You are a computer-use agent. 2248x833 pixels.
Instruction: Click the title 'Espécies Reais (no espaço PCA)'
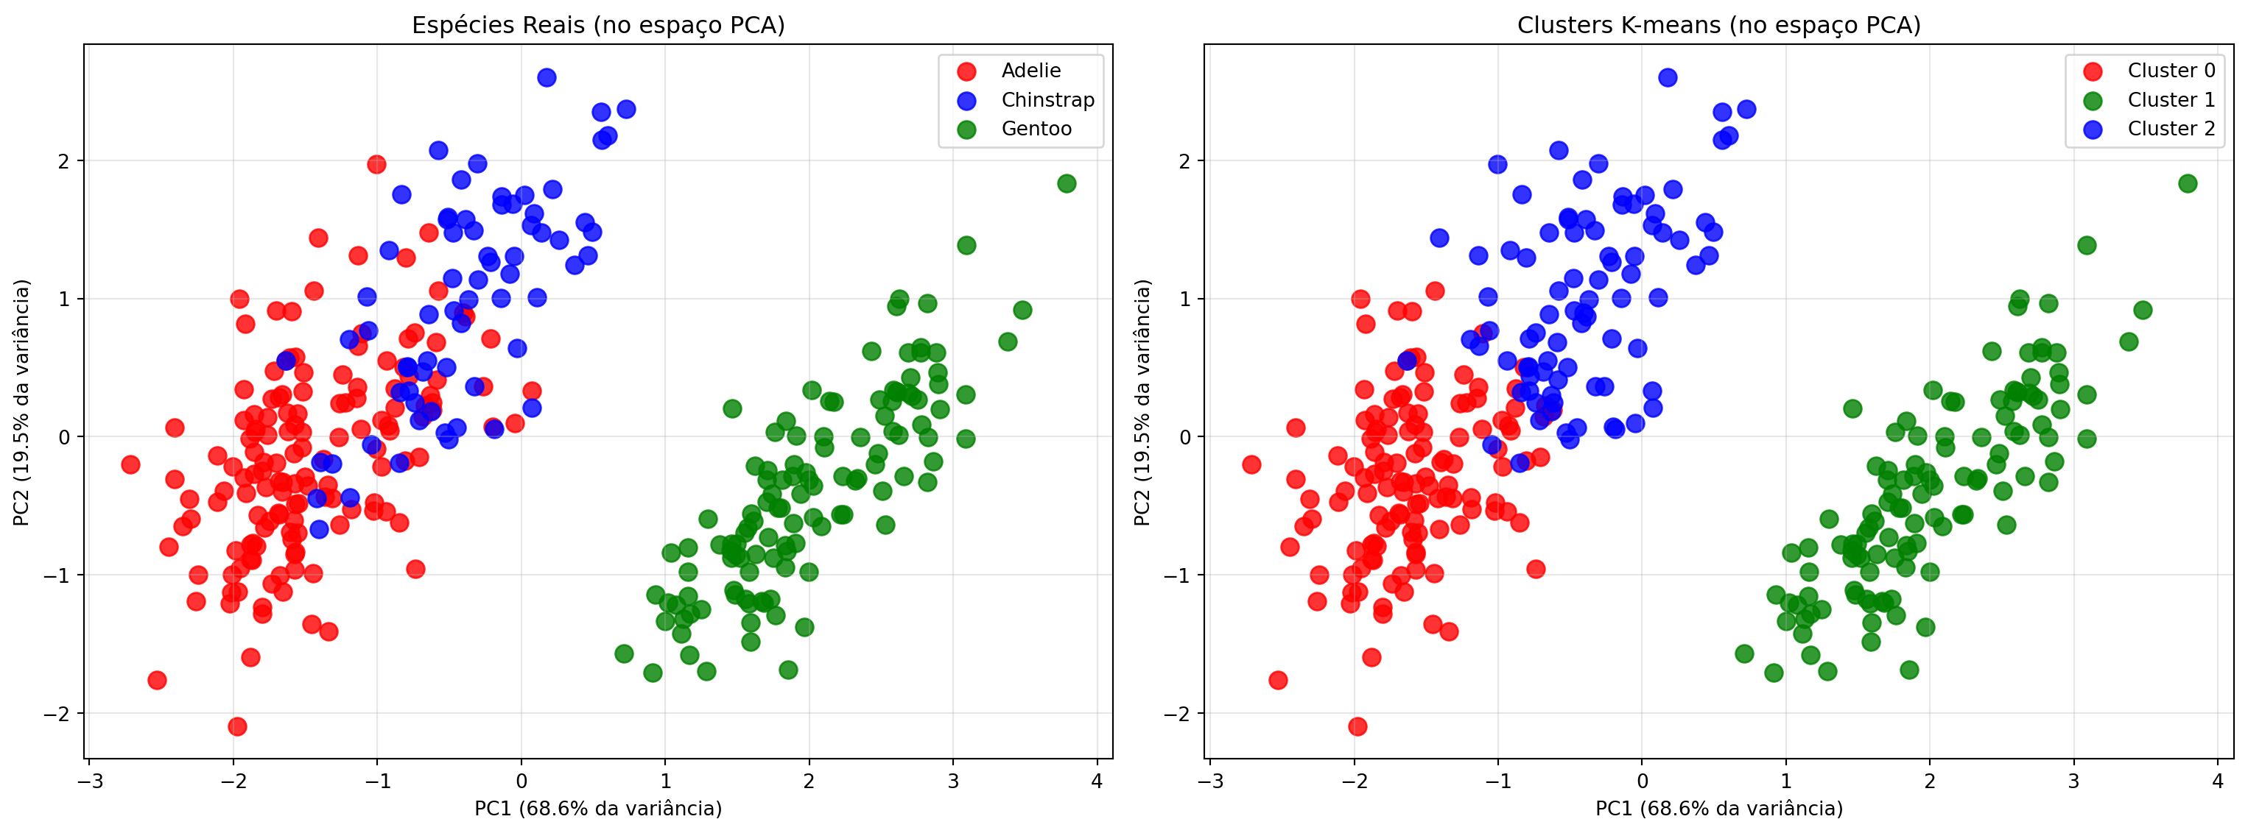pyautogui.click(x=598, y=25)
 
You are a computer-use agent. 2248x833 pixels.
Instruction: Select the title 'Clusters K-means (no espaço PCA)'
pyautogui.click(x=1718, y=25)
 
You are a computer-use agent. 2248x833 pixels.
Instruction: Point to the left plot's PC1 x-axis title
pyautogui.click(x=598, y=809)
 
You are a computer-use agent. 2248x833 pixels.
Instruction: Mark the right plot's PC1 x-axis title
pyautogui.click(x=1718, y=809)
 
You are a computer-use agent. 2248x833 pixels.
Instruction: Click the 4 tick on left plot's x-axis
pyautogui.click(x=1097, y=781)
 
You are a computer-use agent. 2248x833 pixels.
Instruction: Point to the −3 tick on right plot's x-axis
pyautogui.click(x=1209, y=781)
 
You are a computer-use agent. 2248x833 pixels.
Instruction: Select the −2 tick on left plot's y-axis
pyautogui.click(x=57, y=714)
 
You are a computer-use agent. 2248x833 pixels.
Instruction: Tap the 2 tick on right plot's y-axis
pyautogui.click(x=1184, y=161)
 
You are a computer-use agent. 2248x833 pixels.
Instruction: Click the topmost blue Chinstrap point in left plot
pyautogui.click(x=547, y=77)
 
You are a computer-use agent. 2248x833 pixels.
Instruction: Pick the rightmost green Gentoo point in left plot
pyautogui.click(x=1067, y=183)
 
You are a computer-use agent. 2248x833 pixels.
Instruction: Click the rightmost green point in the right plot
pyautogui.click(x=2187, y=183)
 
